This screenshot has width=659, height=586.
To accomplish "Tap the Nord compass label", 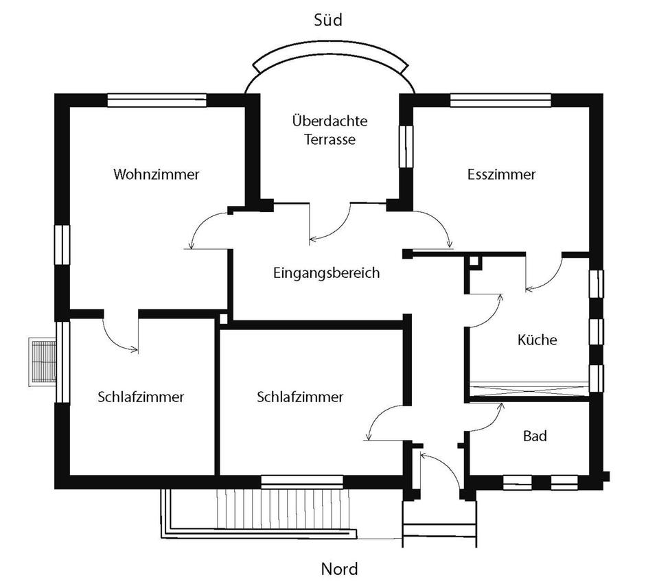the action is tap(339, 569).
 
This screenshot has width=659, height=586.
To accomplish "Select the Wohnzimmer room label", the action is tap(157, 174).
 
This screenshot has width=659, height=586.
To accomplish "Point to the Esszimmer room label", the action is tap(501, 174).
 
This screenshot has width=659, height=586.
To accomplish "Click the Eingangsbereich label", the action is tap(326, 273).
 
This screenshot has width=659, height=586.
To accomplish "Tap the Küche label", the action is tap(537, 340).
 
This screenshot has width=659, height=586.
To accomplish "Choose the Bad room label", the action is tap(535, 436).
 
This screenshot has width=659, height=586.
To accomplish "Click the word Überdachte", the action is tap(329, 121).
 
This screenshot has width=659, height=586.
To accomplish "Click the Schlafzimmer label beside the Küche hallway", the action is tap(300, 397).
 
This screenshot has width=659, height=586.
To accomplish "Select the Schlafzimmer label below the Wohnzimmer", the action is tap(141, 397).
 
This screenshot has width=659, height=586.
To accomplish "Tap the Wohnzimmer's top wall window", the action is tap(157, 99).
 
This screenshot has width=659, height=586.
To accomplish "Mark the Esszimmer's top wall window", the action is tap(500, 99).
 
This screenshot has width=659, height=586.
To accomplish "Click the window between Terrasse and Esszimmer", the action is tap(407, 147).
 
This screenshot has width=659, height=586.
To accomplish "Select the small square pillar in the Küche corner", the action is tap(474, 261).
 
